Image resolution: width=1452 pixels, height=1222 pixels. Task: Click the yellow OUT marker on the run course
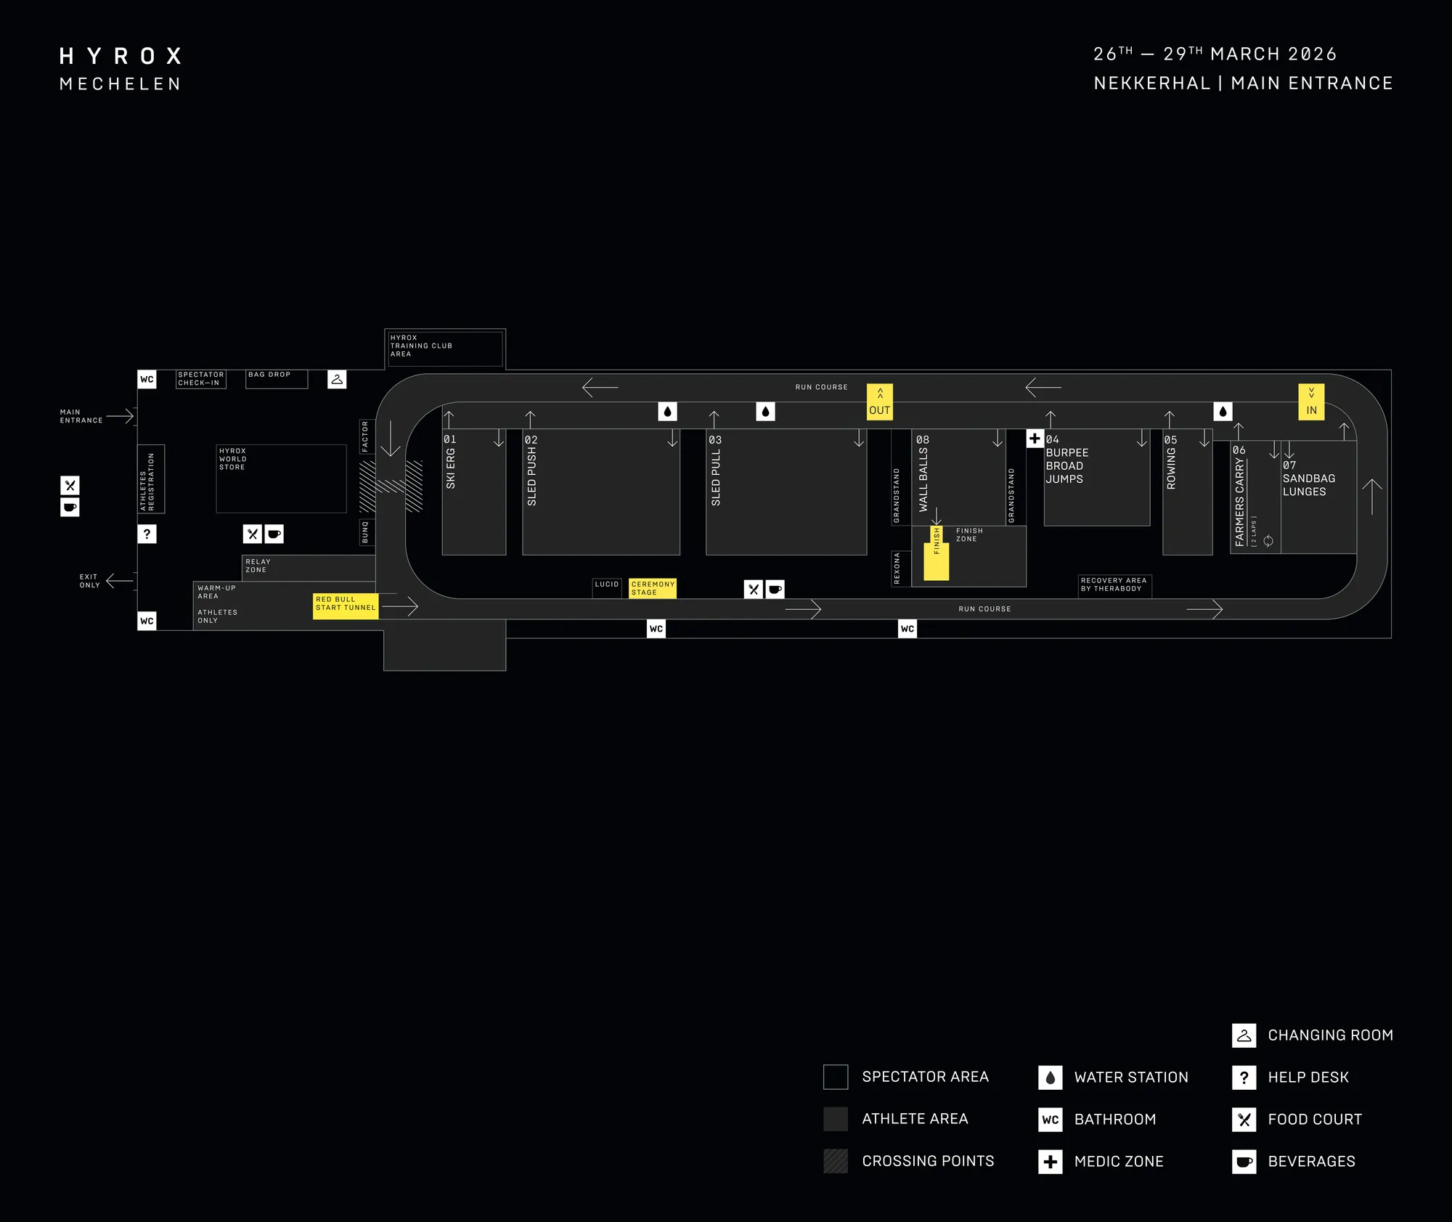879,402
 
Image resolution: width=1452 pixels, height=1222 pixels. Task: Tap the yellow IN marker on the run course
1311,402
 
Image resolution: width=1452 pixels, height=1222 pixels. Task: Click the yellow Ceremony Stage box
653,588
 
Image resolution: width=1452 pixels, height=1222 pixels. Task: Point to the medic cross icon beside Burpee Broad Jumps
1035,438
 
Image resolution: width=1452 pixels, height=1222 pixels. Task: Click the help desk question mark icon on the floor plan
147,534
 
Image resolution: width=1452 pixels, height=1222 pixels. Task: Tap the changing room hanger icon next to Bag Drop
337,379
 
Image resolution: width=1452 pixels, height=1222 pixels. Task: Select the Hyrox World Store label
233,459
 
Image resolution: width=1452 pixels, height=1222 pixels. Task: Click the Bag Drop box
277,379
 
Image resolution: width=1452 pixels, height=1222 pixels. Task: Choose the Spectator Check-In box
201,379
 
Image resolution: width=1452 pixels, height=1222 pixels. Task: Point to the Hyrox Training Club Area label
421,346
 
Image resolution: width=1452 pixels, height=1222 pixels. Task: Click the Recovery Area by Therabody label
1114,584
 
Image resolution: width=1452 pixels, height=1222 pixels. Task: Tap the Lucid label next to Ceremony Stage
607,584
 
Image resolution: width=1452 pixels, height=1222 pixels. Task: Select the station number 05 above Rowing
1170,440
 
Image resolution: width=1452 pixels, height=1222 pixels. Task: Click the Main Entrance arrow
120,416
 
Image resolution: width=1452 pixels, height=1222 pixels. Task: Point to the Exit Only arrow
120,581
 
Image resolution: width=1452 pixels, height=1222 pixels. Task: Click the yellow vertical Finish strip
937,553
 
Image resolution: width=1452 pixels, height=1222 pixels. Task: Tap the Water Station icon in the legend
1050,1078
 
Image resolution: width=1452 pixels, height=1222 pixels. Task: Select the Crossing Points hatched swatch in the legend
836,1161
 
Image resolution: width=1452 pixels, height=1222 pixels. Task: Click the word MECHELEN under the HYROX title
121,84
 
